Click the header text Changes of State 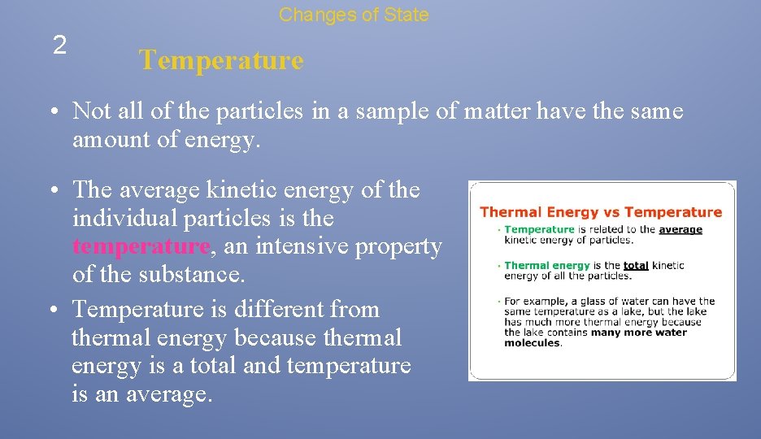click(354, 15)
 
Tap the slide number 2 click(59, 46)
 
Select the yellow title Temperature click(220, 60)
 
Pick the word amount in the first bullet click(106, 140)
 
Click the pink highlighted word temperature click(141, 246)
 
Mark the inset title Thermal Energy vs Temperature click(601, 212)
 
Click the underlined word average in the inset click(680, 230)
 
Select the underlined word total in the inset click(635, 266)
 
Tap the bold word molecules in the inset click(532, 343)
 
